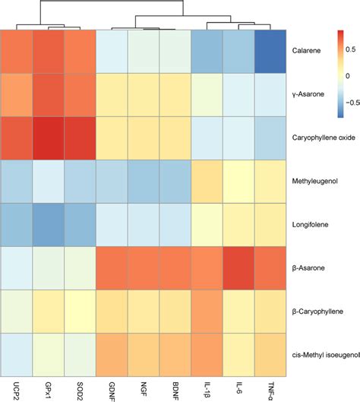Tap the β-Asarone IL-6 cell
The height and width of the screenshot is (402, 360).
click(239, 268)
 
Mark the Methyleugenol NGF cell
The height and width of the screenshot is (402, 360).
click(144, 182)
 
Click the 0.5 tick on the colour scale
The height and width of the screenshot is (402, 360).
click(349, 49)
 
